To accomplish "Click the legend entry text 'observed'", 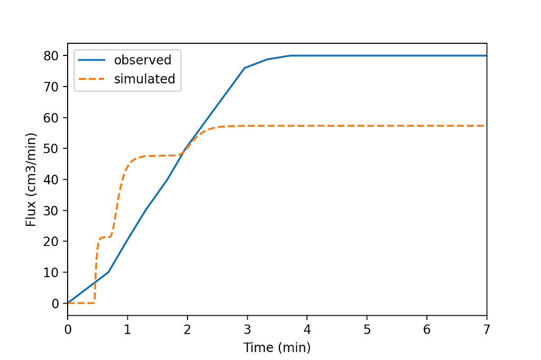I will click(x=143, y=60).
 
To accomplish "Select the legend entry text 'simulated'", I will click(x=144, y=79).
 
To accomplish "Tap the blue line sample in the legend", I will click(x=92, y=60).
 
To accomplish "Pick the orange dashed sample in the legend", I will click(x=92, y=79).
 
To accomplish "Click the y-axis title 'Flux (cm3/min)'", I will click(x=31, y=179).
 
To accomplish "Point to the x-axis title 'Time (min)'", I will click(x=277, y=347).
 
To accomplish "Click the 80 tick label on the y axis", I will click(x=54, y=55).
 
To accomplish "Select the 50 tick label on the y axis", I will click(x=54, y=148).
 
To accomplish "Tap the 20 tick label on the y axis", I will click(x=54, y=241).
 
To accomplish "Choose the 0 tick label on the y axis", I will click(x=57, y=304).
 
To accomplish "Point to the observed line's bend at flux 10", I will click(x=108, y=272).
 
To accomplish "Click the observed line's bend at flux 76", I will click(x=244, y=68).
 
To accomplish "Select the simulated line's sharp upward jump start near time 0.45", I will click(x=95, y=302).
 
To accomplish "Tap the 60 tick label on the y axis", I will click(x=54, y=117).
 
